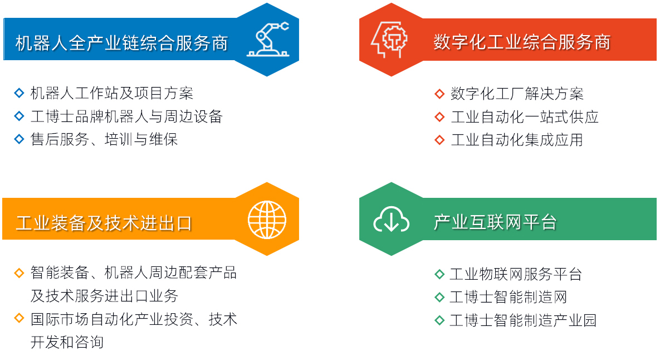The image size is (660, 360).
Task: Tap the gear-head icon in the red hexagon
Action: [x=389, y=40]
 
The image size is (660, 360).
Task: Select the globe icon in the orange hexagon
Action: [x=267, y=220]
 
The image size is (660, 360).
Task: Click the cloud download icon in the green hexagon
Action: [x=391, y=219]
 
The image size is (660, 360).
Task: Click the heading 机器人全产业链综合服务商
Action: [x=121, y=43]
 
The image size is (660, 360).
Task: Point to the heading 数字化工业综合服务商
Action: [x=522, y=42]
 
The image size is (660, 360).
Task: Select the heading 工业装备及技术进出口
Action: [x=104, y=223]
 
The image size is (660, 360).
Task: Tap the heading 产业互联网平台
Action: [x=495, y=222]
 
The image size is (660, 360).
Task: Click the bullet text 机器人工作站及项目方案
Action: [x=112, y=93]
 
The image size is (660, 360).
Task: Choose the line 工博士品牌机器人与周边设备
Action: [x=126, y=116]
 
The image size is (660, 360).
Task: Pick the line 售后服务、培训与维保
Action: [x=104, y=139]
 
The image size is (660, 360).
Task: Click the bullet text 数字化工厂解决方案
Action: [x=517, y=94]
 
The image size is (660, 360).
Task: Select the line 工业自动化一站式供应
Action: [x=525, y=116]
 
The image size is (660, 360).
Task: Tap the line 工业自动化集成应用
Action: [x=517, y=139]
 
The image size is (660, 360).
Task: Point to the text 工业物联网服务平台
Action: [x=516, y=274]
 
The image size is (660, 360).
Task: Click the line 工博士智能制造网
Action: [x=509, y=297]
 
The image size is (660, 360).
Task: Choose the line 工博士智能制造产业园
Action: [x=523, y=320]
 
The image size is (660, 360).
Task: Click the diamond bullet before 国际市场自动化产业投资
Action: [x=19, y=318]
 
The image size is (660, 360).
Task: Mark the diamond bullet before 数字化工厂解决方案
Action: [x=439, y=94]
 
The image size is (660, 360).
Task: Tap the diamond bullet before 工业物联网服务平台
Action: [x=439, y=275]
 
